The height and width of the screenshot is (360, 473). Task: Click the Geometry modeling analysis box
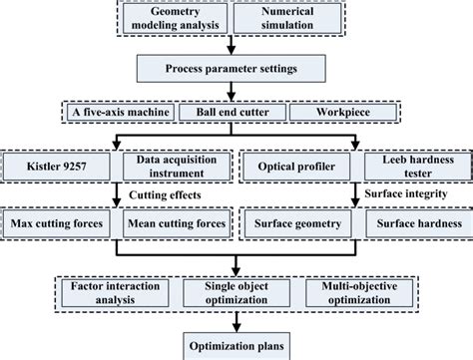click(181, 16)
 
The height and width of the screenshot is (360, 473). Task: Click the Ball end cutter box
click(232, 114)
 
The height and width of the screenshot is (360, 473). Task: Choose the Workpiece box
click(340, 114)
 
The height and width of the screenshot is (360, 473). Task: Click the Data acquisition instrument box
click(171, 165)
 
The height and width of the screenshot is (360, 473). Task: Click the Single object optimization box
click(233, 291)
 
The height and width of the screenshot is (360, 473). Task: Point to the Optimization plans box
click(234, 346)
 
